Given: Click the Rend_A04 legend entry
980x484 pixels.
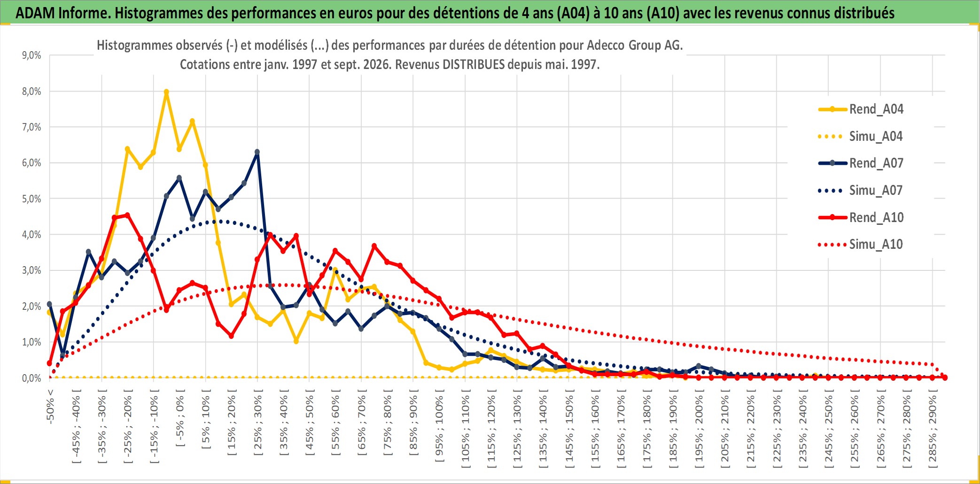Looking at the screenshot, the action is pyautogui.click(x=861, y=109).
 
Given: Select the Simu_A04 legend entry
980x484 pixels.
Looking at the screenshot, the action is pyautogui.click(x=861, y=136).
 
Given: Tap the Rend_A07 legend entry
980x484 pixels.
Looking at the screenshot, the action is pyautogui.click(x=861, y=163).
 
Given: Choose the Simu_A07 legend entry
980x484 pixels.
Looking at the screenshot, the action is pyautogui.click(x=861, y=190).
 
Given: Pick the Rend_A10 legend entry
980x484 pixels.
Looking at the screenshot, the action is pyautogui.click(x=861, y=217).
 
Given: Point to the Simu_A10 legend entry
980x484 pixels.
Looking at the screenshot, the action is pyautogui.click(x=861, y=244).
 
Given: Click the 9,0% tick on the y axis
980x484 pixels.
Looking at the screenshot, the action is pyautogui.click(x=31, y=55).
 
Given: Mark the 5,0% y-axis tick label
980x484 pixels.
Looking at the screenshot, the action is pyautogui.click(x=31, y=199).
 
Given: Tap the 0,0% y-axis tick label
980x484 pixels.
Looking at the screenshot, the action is pyautogui.click(x=31, y=378).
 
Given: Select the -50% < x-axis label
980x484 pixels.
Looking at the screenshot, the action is pyautogui.click(x=50, y=407).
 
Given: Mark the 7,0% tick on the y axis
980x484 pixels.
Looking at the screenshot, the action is pyautogui.click(x=31, y=127).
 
